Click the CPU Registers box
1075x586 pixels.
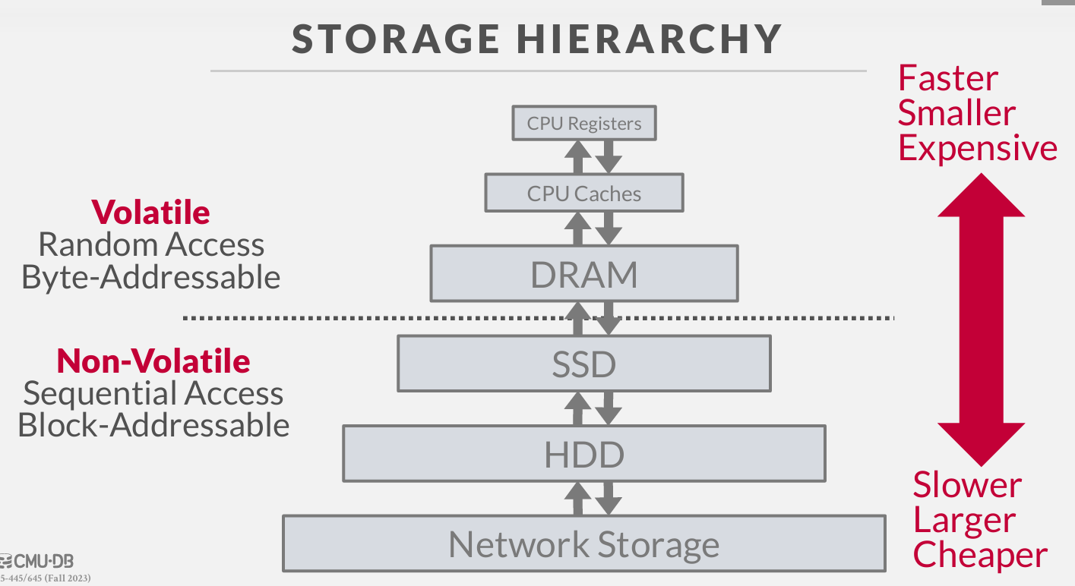(x=583, y=124)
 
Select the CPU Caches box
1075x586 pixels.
(x=583, y=193)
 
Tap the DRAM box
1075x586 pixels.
(x=583, y=273)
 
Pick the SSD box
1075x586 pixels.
(x=583, y=364)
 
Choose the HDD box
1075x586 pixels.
(x=583, y=454)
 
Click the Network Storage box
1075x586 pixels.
(x=583, y=544)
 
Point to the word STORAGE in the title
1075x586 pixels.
(x=396, y=39)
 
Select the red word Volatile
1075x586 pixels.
(x=150, y=212)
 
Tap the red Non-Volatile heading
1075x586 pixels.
(x=153, y=361)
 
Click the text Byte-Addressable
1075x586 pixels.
(x=150, y=277)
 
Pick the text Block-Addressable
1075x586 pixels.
(x=153, y=425)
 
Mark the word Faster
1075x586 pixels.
(x=947, y=78)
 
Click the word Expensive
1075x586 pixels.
(x=978, y=148)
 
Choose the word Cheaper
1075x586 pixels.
(x=980, y=555)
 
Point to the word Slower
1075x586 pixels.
(x=967, y=485)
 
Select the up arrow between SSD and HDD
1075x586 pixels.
(x=577, y=408)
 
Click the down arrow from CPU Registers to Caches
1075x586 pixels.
(x=609, y=156)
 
